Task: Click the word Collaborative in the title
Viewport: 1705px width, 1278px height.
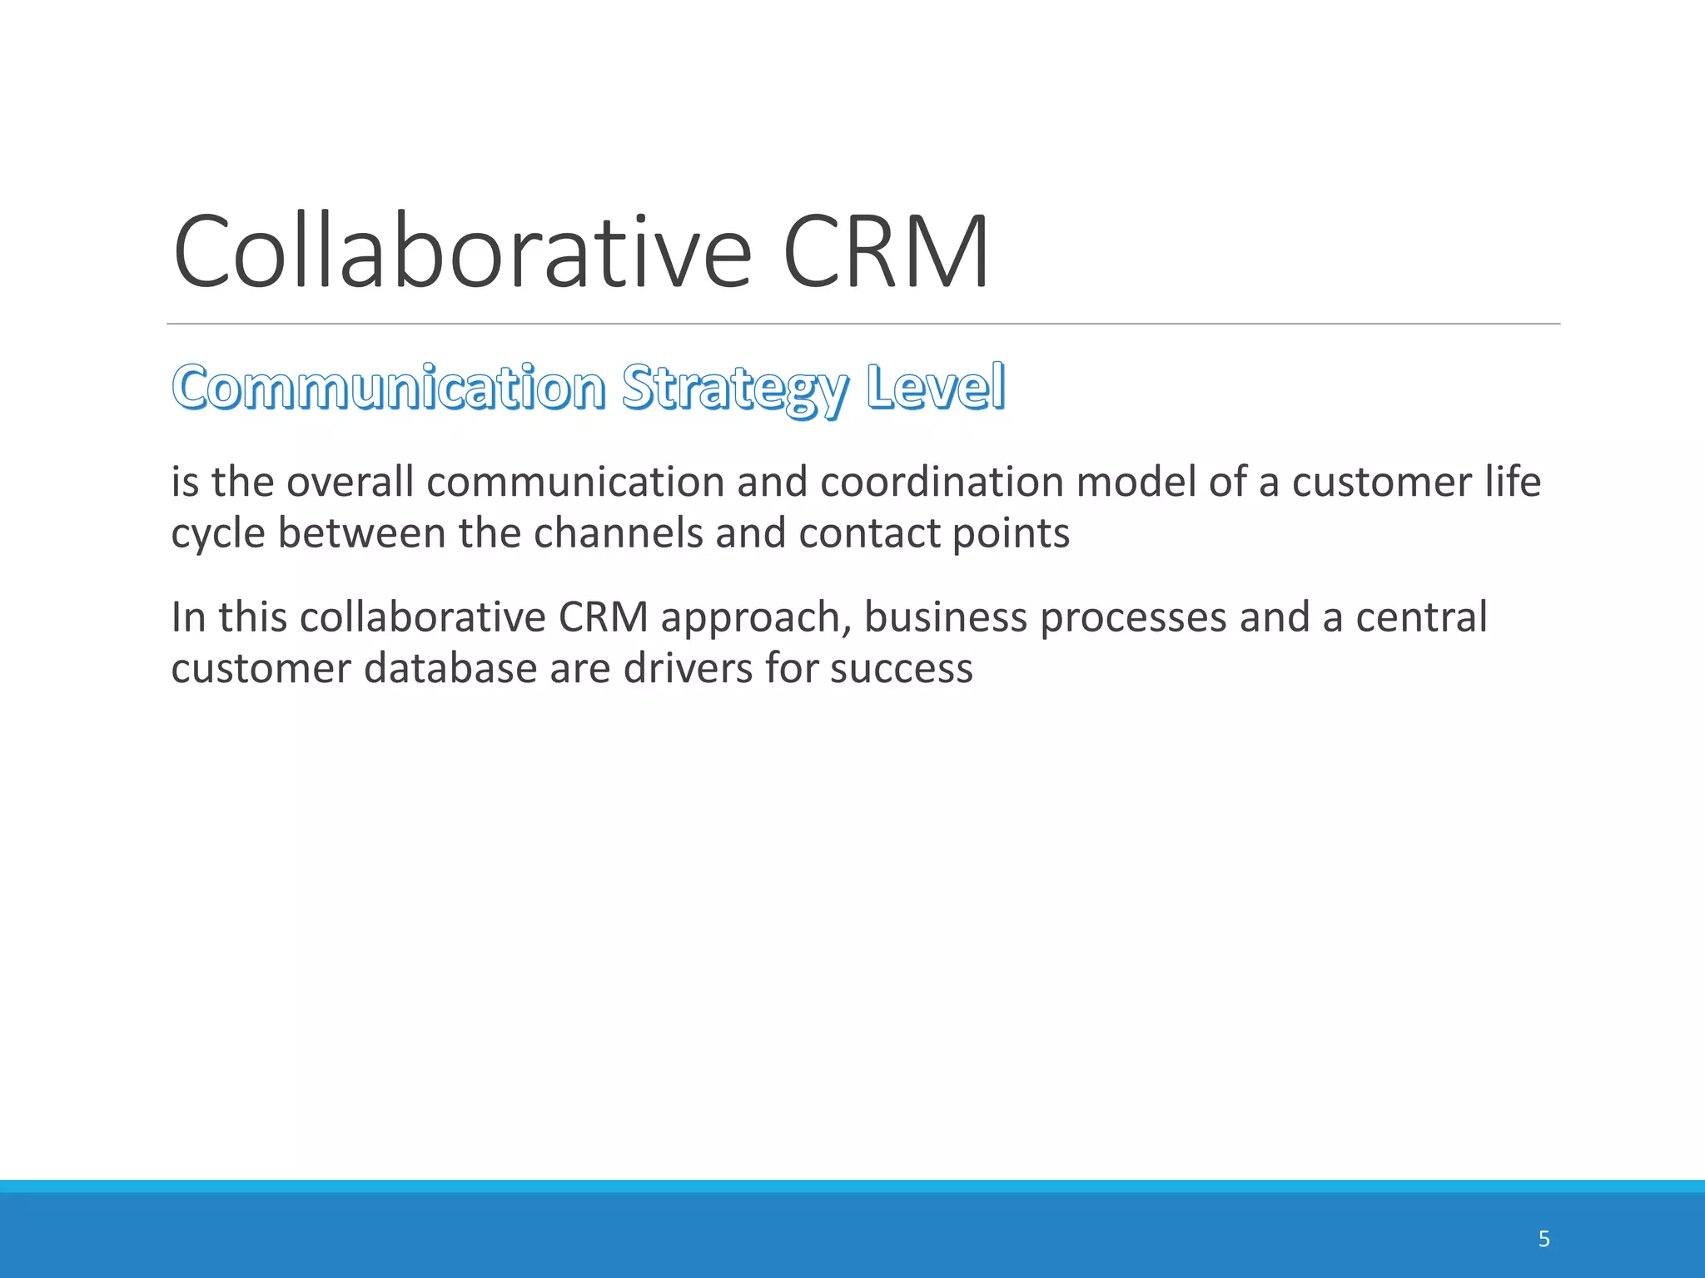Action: coord(462,252)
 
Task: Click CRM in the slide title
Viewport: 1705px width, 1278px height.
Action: coord(886,252)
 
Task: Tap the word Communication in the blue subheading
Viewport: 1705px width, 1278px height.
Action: coord(389,388)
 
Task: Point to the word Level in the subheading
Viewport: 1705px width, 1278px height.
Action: coord(935,388)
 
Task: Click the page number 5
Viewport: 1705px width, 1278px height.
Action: coord(1543,1239)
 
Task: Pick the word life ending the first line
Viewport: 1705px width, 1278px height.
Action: coord(1513,483)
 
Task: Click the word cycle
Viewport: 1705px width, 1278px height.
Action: coord(218,534)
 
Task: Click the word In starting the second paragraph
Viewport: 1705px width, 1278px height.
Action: coord(188,618)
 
